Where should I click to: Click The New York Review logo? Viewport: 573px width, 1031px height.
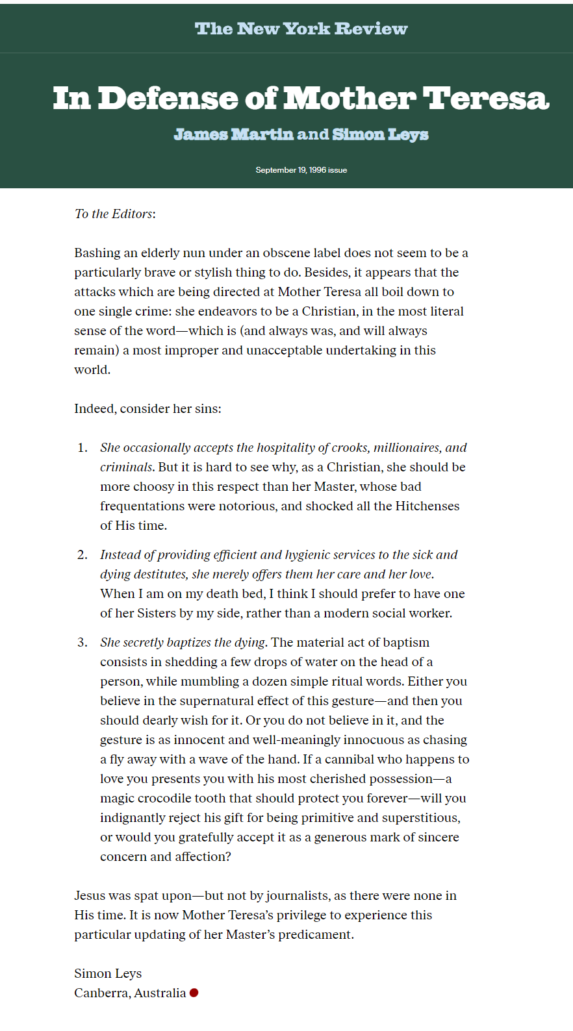[x=301, y=29]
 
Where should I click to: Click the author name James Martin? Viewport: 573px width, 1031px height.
[x=233, y=134]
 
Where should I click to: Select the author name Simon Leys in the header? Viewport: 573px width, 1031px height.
[x=380, y=134]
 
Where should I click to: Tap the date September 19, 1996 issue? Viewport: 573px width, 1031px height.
[x=301, y=170]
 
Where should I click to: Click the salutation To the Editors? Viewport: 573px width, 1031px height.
[x=114, y=214]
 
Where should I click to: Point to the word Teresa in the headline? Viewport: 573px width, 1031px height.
[x=486, y=99]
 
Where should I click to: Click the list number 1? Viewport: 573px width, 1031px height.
[x=82, y=447]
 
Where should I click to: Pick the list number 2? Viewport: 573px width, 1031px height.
[x=82, y=554]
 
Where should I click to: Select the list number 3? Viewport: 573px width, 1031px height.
[x=82, y=642]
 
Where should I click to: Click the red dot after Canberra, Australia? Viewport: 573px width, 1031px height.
[x=194, y=993]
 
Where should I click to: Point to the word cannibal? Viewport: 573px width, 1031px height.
[x=354, y=759]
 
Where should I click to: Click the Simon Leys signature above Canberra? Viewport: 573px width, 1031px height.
[x=108, y=973]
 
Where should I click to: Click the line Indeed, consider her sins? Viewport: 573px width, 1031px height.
[x=147, y=408]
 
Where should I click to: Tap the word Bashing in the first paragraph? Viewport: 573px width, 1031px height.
[x=97, y=253]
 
